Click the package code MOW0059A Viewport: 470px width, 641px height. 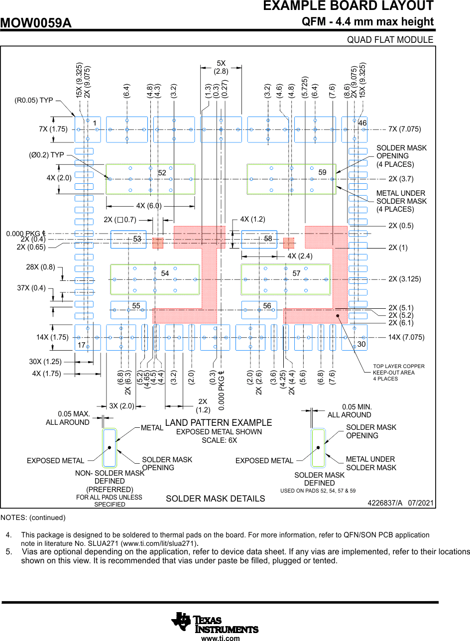[x=36, y=23]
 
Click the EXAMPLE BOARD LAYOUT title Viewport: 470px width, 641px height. [x=348, y=6]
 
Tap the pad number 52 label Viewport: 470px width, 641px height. [x=162, y=173]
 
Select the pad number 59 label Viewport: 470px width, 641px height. [x=322, y=172]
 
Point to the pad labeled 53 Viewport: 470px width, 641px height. [x=128, y=239]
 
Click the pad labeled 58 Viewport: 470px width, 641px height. [x=259, y=239]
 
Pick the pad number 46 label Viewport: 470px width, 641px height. [x=362, y=123]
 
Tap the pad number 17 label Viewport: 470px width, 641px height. [x=81, y=345]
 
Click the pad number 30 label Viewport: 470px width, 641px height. [x=361, y=345]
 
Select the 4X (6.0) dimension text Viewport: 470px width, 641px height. [x=149, y=206]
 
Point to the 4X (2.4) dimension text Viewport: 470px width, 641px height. [x=300, y=256]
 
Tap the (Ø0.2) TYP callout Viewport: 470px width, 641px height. [x=46, y=155]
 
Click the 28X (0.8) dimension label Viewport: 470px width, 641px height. [x=40, y=267]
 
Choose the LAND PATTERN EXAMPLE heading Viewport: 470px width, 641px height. [x=219, y=423]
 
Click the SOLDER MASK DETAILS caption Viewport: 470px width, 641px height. [x=215, y=499]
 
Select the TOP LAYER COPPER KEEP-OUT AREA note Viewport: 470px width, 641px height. [x=398, y=373]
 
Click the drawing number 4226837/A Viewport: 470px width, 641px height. [x=385, y=504]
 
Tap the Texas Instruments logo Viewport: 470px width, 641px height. [x=215, y=622]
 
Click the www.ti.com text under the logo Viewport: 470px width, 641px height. [x=221, y=638]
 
